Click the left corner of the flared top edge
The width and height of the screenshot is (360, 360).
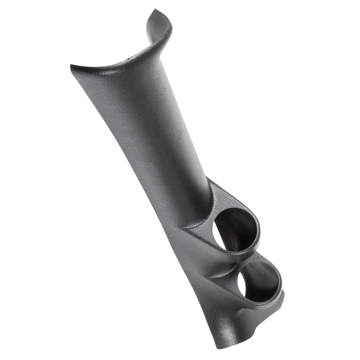(x=72, y=66)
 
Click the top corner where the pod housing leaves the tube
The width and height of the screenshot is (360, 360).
(x=209, y=179)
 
